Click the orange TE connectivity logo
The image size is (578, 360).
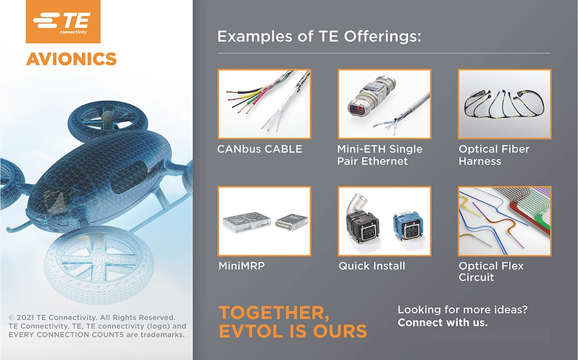point(63,22)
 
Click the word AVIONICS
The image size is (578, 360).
point(71,59)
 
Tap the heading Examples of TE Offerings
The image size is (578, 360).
point(319,36)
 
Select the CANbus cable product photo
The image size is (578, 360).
point(264,104)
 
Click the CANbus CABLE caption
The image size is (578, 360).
point(259,149)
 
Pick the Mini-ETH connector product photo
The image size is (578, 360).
point(384,104)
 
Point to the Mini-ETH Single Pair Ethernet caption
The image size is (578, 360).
point(379,155)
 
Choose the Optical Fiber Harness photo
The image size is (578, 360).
point(504,104)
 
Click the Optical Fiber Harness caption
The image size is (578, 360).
point(494,155)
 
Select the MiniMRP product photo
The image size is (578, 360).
point(264,221)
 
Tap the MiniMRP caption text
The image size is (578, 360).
point(242,266)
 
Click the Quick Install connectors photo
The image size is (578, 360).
point(384,221)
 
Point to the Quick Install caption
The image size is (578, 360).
point(372,266)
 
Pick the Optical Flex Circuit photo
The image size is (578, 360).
point(504,221)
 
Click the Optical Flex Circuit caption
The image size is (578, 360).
point(491,271)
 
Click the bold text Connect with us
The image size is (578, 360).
point(442,322)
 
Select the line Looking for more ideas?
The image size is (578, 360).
point(462,310)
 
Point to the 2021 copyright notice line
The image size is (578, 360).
point(92,318)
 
